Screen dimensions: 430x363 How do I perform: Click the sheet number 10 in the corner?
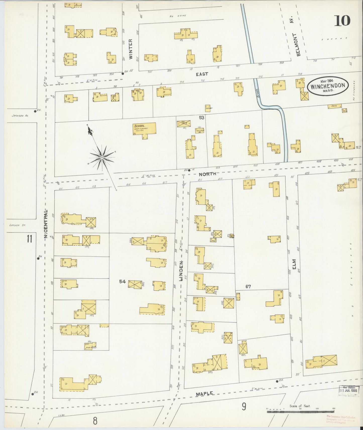(x=342, y=21)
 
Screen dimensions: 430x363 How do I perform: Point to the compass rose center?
(x=102, y=158)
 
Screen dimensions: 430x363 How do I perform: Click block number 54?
(x=122, y=282)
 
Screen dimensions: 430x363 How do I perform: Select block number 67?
(x=248, y=286)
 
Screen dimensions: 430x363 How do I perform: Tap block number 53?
(x=202, y=117)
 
